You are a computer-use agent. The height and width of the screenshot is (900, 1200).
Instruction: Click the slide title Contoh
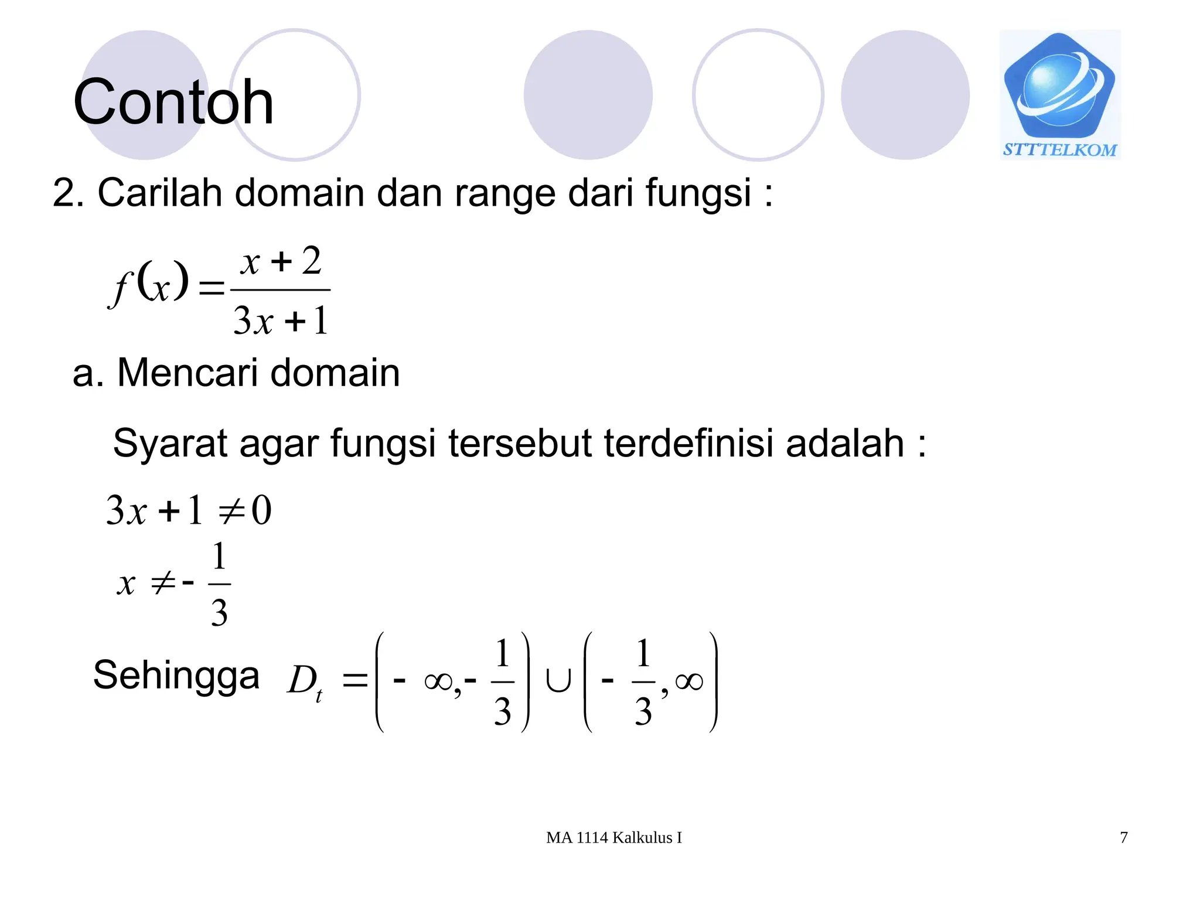(173, 103)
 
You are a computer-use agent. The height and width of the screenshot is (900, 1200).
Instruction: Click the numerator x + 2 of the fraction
(281, 261)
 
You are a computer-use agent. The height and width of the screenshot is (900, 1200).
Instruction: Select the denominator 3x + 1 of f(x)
(281, 321)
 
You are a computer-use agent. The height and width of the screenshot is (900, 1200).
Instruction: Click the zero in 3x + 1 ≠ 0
(261, 510)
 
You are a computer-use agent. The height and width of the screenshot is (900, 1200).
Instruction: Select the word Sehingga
(176, 676)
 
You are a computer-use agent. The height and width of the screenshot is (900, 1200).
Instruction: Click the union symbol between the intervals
(557, 681)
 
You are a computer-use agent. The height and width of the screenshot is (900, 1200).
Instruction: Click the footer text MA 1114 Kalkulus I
(613, 838)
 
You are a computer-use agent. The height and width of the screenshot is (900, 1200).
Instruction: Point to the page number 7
(1123, 838)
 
